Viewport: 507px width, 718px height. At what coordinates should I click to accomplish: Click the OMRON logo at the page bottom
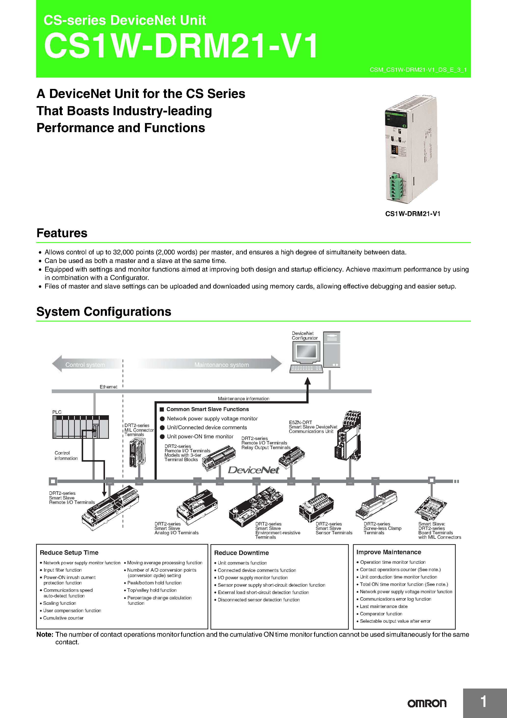point(427,703)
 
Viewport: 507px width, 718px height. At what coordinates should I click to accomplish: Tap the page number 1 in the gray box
point(483,702)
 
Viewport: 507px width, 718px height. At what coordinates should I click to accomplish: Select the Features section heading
point(62,233)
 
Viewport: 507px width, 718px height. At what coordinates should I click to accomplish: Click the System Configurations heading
point(104,312)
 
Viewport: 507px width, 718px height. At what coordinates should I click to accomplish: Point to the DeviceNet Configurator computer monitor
point(306,352)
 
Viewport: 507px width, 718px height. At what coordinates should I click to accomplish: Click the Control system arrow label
point(85,365)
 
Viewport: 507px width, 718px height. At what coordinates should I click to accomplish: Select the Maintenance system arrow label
point(221,365)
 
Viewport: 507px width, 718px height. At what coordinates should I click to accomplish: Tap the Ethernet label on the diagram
point(108,387)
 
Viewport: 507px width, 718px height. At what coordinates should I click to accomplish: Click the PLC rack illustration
point(81,427)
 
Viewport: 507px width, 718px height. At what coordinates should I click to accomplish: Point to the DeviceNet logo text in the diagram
point(253,470)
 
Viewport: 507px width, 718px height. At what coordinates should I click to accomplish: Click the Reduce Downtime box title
point(241,552)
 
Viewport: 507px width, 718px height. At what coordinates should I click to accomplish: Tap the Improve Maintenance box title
point(389,552)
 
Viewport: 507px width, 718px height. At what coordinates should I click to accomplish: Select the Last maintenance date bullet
point(383,606)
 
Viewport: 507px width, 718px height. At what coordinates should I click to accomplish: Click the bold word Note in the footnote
point(45,634)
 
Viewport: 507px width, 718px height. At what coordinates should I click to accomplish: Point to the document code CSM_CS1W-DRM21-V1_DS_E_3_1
point(418,70)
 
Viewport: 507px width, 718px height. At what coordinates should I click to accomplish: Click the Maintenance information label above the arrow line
point(243,398)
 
